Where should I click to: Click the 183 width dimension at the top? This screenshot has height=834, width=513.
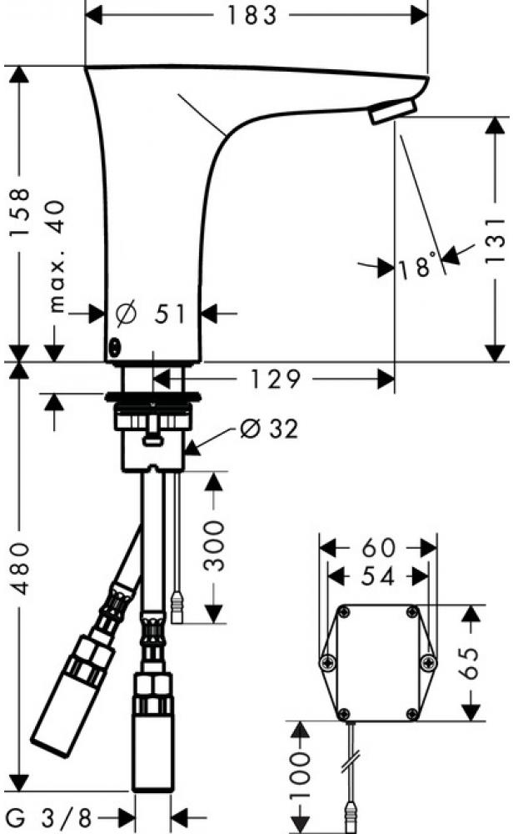click(x=252, y=15)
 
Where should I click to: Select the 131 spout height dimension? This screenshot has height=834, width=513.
click(x=495, y=240)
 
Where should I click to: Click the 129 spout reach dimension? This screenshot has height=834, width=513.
click(x=275, y=379)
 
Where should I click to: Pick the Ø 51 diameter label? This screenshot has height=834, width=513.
click(x=151, y=314)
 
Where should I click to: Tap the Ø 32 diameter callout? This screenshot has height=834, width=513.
click(x=269, y=429)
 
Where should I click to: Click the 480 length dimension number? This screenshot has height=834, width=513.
click(x=22, y=568)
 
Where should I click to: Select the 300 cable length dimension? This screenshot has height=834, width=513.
click(x=214, y=546)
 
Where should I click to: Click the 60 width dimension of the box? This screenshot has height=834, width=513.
click(x=379, y=547)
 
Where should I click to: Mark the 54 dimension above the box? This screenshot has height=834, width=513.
click(x=377, y=576)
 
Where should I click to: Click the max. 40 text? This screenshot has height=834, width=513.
click(x=56, y=256)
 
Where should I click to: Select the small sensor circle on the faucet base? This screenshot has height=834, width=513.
click(x=114, y=347)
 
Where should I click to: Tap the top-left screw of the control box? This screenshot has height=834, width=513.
click(x=345, y=613)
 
